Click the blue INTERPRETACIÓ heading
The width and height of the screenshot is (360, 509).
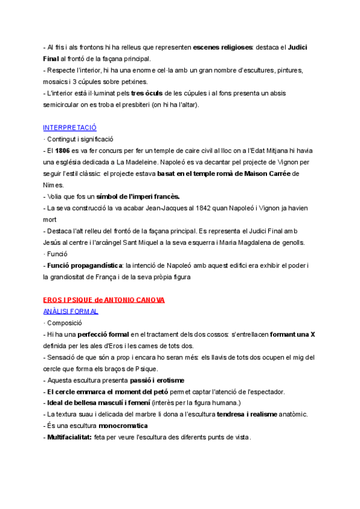pos(70,128)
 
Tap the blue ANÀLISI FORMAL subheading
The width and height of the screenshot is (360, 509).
pos(71,311)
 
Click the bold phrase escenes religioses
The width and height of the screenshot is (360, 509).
pos(230,47)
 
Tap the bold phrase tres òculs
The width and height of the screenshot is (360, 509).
pos(146,93)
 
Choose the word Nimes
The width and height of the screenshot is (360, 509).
pos(53,185)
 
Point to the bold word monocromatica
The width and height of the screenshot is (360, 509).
pos(124,426)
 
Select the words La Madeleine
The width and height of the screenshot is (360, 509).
pos(134,162)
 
